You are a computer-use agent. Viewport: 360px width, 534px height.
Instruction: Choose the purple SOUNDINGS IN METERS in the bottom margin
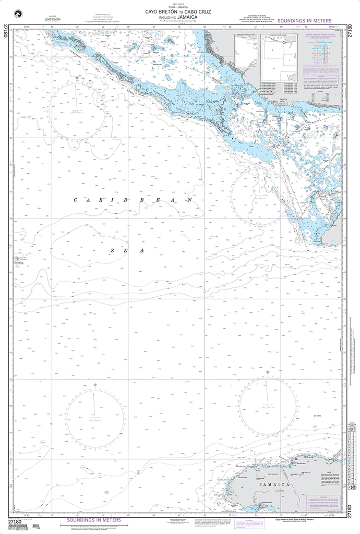pos(94,520)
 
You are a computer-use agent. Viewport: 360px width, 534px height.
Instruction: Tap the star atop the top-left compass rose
pos(78,78)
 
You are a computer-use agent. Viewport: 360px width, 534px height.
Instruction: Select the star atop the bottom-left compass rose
pos(95,385)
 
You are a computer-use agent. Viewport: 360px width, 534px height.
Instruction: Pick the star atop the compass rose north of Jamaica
pos(268,372)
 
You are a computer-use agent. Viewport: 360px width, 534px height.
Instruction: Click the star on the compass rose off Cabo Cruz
pos(260,163)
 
